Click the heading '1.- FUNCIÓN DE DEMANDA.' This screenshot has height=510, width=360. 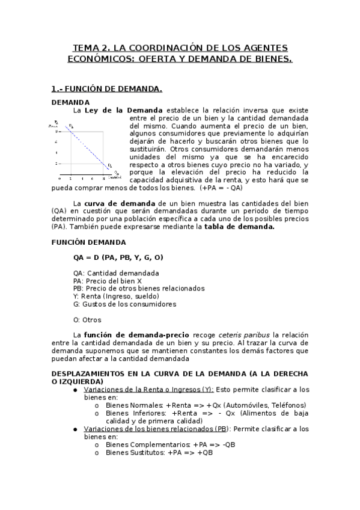pyautogui.click(x=106, y=89)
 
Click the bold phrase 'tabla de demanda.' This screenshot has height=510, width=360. pyautogui.click(x=239, y=227)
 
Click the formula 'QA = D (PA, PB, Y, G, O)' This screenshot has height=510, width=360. pyautogui.click(x=118, y=257)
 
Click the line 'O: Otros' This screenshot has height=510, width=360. pyautogui.click(x=87, y=319)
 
